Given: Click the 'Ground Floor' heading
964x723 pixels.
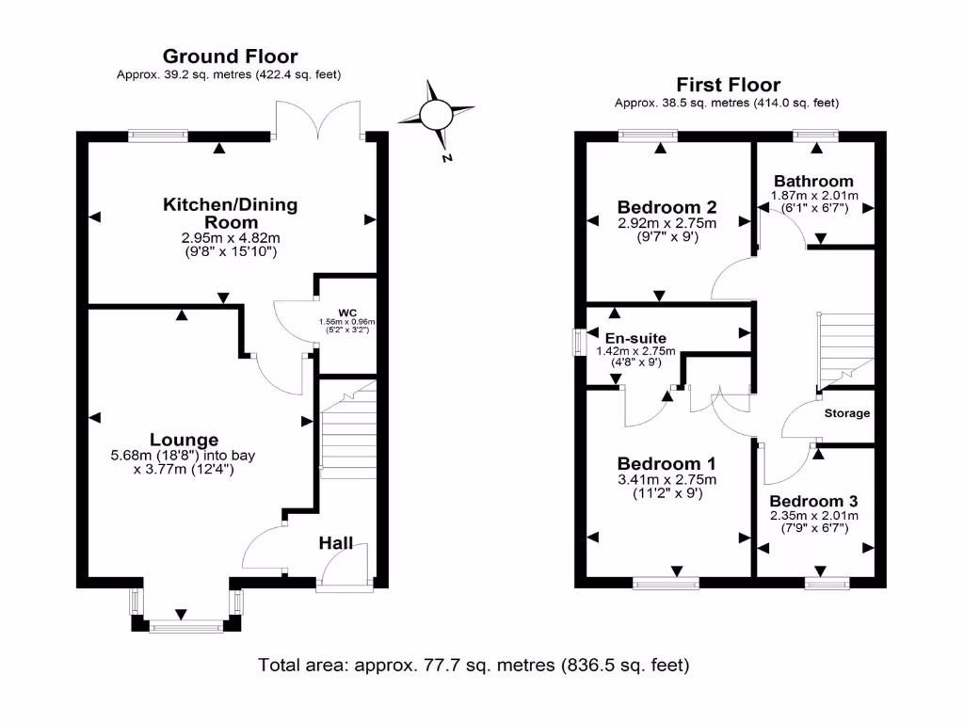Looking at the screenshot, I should pyautogui.click(x=230, y=56).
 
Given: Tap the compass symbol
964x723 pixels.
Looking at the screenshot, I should pyautogui.click(x=436, y=116).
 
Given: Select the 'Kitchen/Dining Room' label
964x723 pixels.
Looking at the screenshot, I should pyautogui.click(x=231, y=212).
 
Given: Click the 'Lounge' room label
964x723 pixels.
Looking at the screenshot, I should pyautogui.click(x=184, y=440).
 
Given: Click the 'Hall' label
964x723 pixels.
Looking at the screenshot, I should pyautogui.click(x=335, y=543).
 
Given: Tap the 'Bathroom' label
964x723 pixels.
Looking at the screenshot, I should pyautogui.click(x=813, y=181).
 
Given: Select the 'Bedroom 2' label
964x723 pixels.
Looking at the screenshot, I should pyautogui.click(x=667, y=207).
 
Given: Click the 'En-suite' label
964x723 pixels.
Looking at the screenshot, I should pyautogui.click(x=635, y=338).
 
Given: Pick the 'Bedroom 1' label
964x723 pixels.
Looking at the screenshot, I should pyautogui.click(x=667, y=463).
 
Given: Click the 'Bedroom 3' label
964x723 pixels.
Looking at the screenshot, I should pyautogui.click(x=813, y=501).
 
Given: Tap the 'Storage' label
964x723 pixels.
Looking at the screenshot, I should pyautogui.click(x=847, y=413).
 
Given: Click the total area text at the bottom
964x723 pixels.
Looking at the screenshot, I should pyautogui.click(x=474, y=666).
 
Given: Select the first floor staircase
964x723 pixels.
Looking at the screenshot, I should pyautogui.click(x=846, y=348).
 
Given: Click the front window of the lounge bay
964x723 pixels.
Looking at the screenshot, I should pyautogui.click(x=185, y=625).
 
